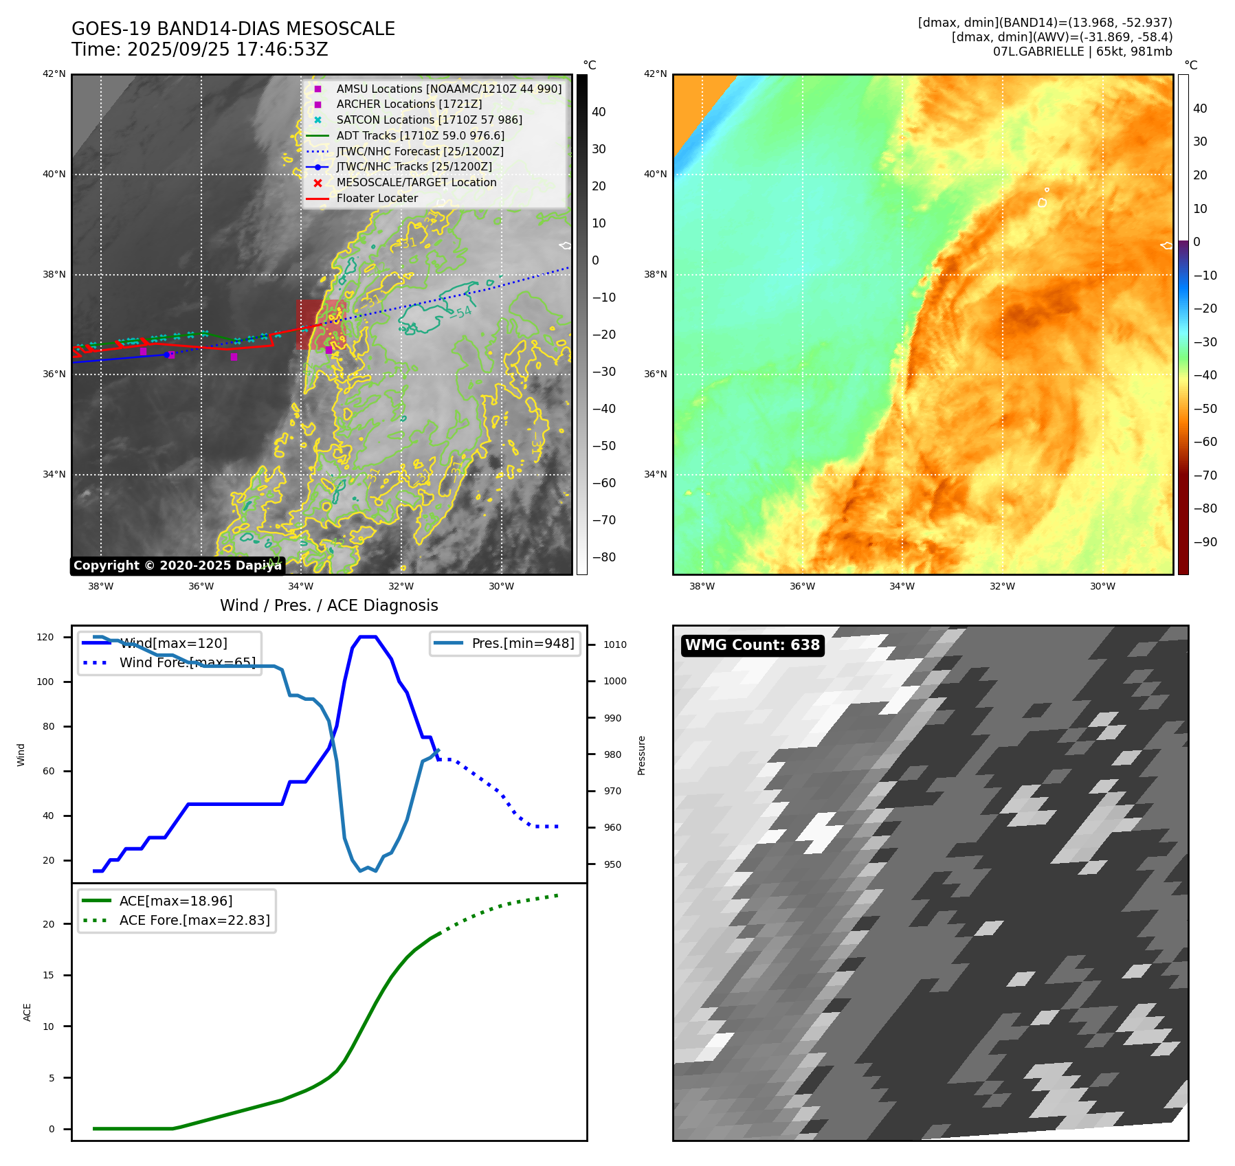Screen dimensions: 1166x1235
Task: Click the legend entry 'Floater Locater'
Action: click(377, 199)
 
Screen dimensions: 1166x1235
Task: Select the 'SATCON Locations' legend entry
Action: click(429, 120)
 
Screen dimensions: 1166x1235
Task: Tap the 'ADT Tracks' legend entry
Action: click(420, 136)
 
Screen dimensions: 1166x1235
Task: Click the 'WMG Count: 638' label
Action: click(752, 645)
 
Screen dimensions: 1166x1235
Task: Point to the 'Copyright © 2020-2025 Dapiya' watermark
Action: click(177, 565)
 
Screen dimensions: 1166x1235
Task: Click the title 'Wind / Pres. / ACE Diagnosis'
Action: click(329, 605)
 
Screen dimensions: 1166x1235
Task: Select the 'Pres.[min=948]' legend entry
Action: click(522, 644)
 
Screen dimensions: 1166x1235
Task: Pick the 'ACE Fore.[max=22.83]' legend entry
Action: click(194, 920)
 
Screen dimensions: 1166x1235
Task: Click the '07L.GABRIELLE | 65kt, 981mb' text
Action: click(1082, 52)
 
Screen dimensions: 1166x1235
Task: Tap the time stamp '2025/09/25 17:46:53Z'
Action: click(227, 50)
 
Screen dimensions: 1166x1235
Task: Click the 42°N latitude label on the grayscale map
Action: click(54, 74)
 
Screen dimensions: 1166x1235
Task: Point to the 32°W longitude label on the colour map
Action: click(1002, 586)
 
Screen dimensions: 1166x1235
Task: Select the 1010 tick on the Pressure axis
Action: click(615, 644)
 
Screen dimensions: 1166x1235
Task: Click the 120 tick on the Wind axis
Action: click(45, 637)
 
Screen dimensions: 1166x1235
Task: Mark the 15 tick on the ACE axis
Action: click(48, 975)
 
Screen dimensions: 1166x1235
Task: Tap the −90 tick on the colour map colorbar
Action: click(1205, 542)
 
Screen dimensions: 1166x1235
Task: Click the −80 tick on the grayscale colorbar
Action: click(603, 557)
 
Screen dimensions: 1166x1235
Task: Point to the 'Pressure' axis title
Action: click(642, 755)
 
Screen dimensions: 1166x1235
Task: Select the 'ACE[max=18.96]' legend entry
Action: click(176, 901)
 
